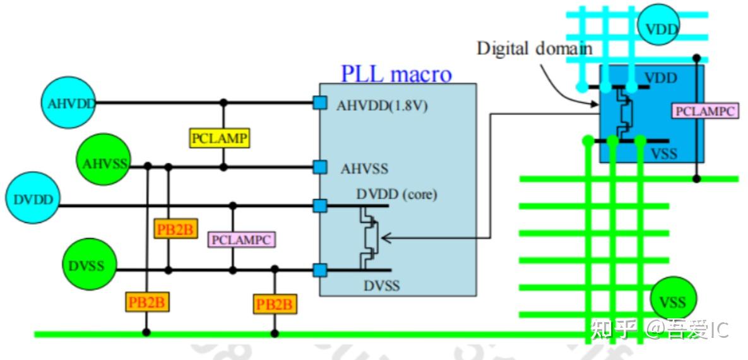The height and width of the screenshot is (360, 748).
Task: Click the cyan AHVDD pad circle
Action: click(68, 103)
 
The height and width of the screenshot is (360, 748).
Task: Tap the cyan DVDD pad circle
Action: click(32, 199)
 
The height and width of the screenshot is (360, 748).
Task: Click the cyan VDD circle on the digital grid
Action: click(661, 28)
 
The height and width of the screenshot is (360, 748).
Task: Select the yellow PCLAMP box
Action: click(220, 138)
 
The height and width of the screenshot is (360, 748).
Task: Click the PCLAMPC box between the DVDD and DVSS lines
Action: click(242, 239)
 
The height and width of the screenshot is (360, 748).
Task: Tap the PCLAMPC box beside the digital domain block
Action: click(705, 111)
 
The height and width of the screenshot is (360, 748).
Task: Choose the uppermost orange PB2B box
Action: click(175, 229)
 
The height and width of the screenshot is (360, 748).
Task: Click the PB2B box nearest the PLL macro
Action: click(275, 304)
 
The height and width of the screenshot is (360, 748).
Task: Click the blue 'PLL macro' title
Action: click(396, 75)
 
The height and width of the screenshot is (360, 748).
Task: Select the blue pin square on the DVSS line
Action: click(319, 270)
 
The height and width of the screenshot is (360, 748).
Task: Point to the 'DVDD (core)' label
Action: click(397, 195)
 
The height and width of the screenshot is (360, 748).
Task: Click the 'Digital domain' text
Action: click(535, 48)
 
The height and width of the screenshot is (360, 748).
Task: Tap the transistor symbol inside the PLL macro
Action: click(369, 237)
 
